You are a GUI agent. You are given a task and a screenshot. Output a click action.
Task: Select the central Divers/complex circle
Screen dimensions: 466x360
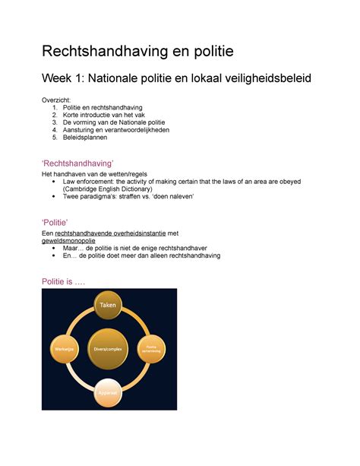point(110,349)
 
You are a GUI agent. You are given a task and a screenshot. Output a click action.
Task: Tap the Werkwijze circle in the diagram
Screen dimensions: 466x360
point(63,349)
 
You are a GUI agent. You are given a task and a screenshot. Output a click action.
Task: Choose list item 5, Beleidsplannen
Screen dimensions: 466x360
point(85,138)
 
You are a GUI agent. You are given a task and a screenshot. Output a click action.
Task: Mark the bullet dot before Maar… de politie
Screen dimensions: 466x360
point(52,249)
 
